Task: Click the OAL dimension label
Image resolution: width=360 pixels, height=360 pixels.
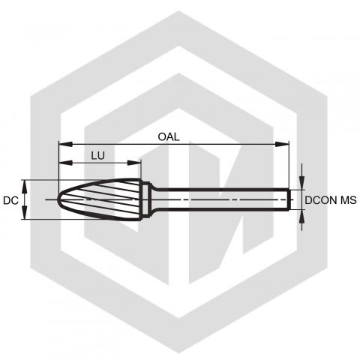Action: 169,136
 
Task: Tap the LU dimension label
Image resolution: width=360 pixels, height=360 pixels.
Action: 97,156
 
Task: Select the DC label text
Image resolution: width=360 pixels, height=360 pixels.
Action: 10,200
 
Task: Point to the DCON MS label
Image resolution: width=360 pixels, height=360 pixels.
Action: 331,200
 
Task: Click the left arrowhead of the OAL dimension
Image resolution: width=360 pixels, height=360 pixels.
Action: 65,144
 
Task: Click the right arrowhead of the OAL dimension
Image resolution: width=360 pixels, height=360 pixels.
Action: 282,144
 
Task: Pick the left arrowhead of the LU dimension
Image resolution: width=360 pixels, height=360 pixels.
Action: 65,163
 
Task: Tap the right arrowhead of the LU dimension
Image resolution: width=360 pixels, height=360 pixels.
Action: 134,163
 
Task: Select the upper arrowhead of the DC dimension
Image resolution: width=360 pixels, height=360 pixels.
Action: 25,187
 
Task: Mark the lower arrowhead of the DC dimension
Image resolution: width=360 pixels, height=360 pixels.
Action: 25,212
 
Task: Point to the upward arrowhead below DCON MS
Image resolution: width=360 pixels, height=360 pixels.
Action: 302,217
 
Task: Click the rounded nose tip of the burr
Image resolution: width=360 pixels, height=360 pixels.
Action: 58,199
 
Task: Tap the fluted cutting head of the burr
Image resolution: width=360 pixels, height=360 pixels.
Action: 99,199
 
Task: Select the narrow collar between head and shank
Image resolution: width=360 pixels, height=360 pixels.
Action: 146,199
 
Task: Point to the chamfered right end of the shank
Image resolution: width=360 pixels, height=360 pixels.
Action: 289,199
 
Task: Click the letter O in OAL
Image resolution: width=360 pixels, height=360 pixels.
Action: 162,136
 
